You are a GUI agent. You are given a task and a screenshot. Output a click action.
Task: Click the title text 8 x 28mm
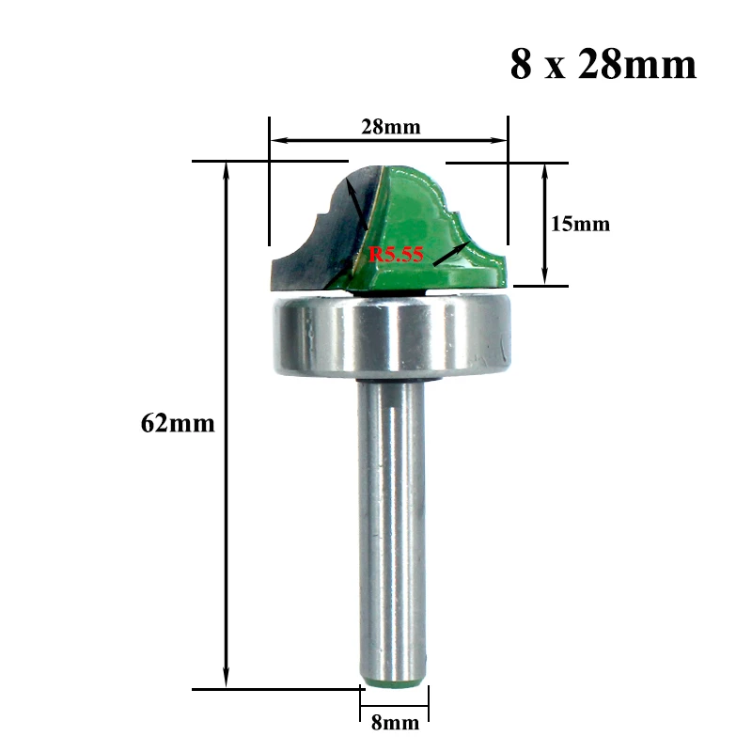point(603,65)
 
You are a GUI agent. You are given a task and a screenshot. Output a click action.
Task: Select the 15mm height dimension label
point(580,224)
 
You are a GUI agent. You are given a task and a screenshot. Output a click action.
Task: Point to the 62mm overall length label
point(178,423)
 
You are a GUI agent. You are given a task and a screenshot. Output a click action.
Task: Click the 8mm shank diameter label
point(395,723)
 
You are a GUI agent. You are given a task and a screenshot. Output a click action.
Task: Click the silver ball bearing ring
point(392,337)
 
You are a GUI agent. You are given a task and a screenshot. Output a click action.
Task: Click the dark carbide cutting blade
point(310,244)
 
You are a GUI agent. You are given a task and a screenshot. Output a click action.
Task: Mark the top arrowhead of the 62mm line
point(227,169)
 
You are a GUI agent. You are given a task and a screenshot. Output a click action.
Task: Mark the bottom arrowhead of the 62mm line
point(227,681)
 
